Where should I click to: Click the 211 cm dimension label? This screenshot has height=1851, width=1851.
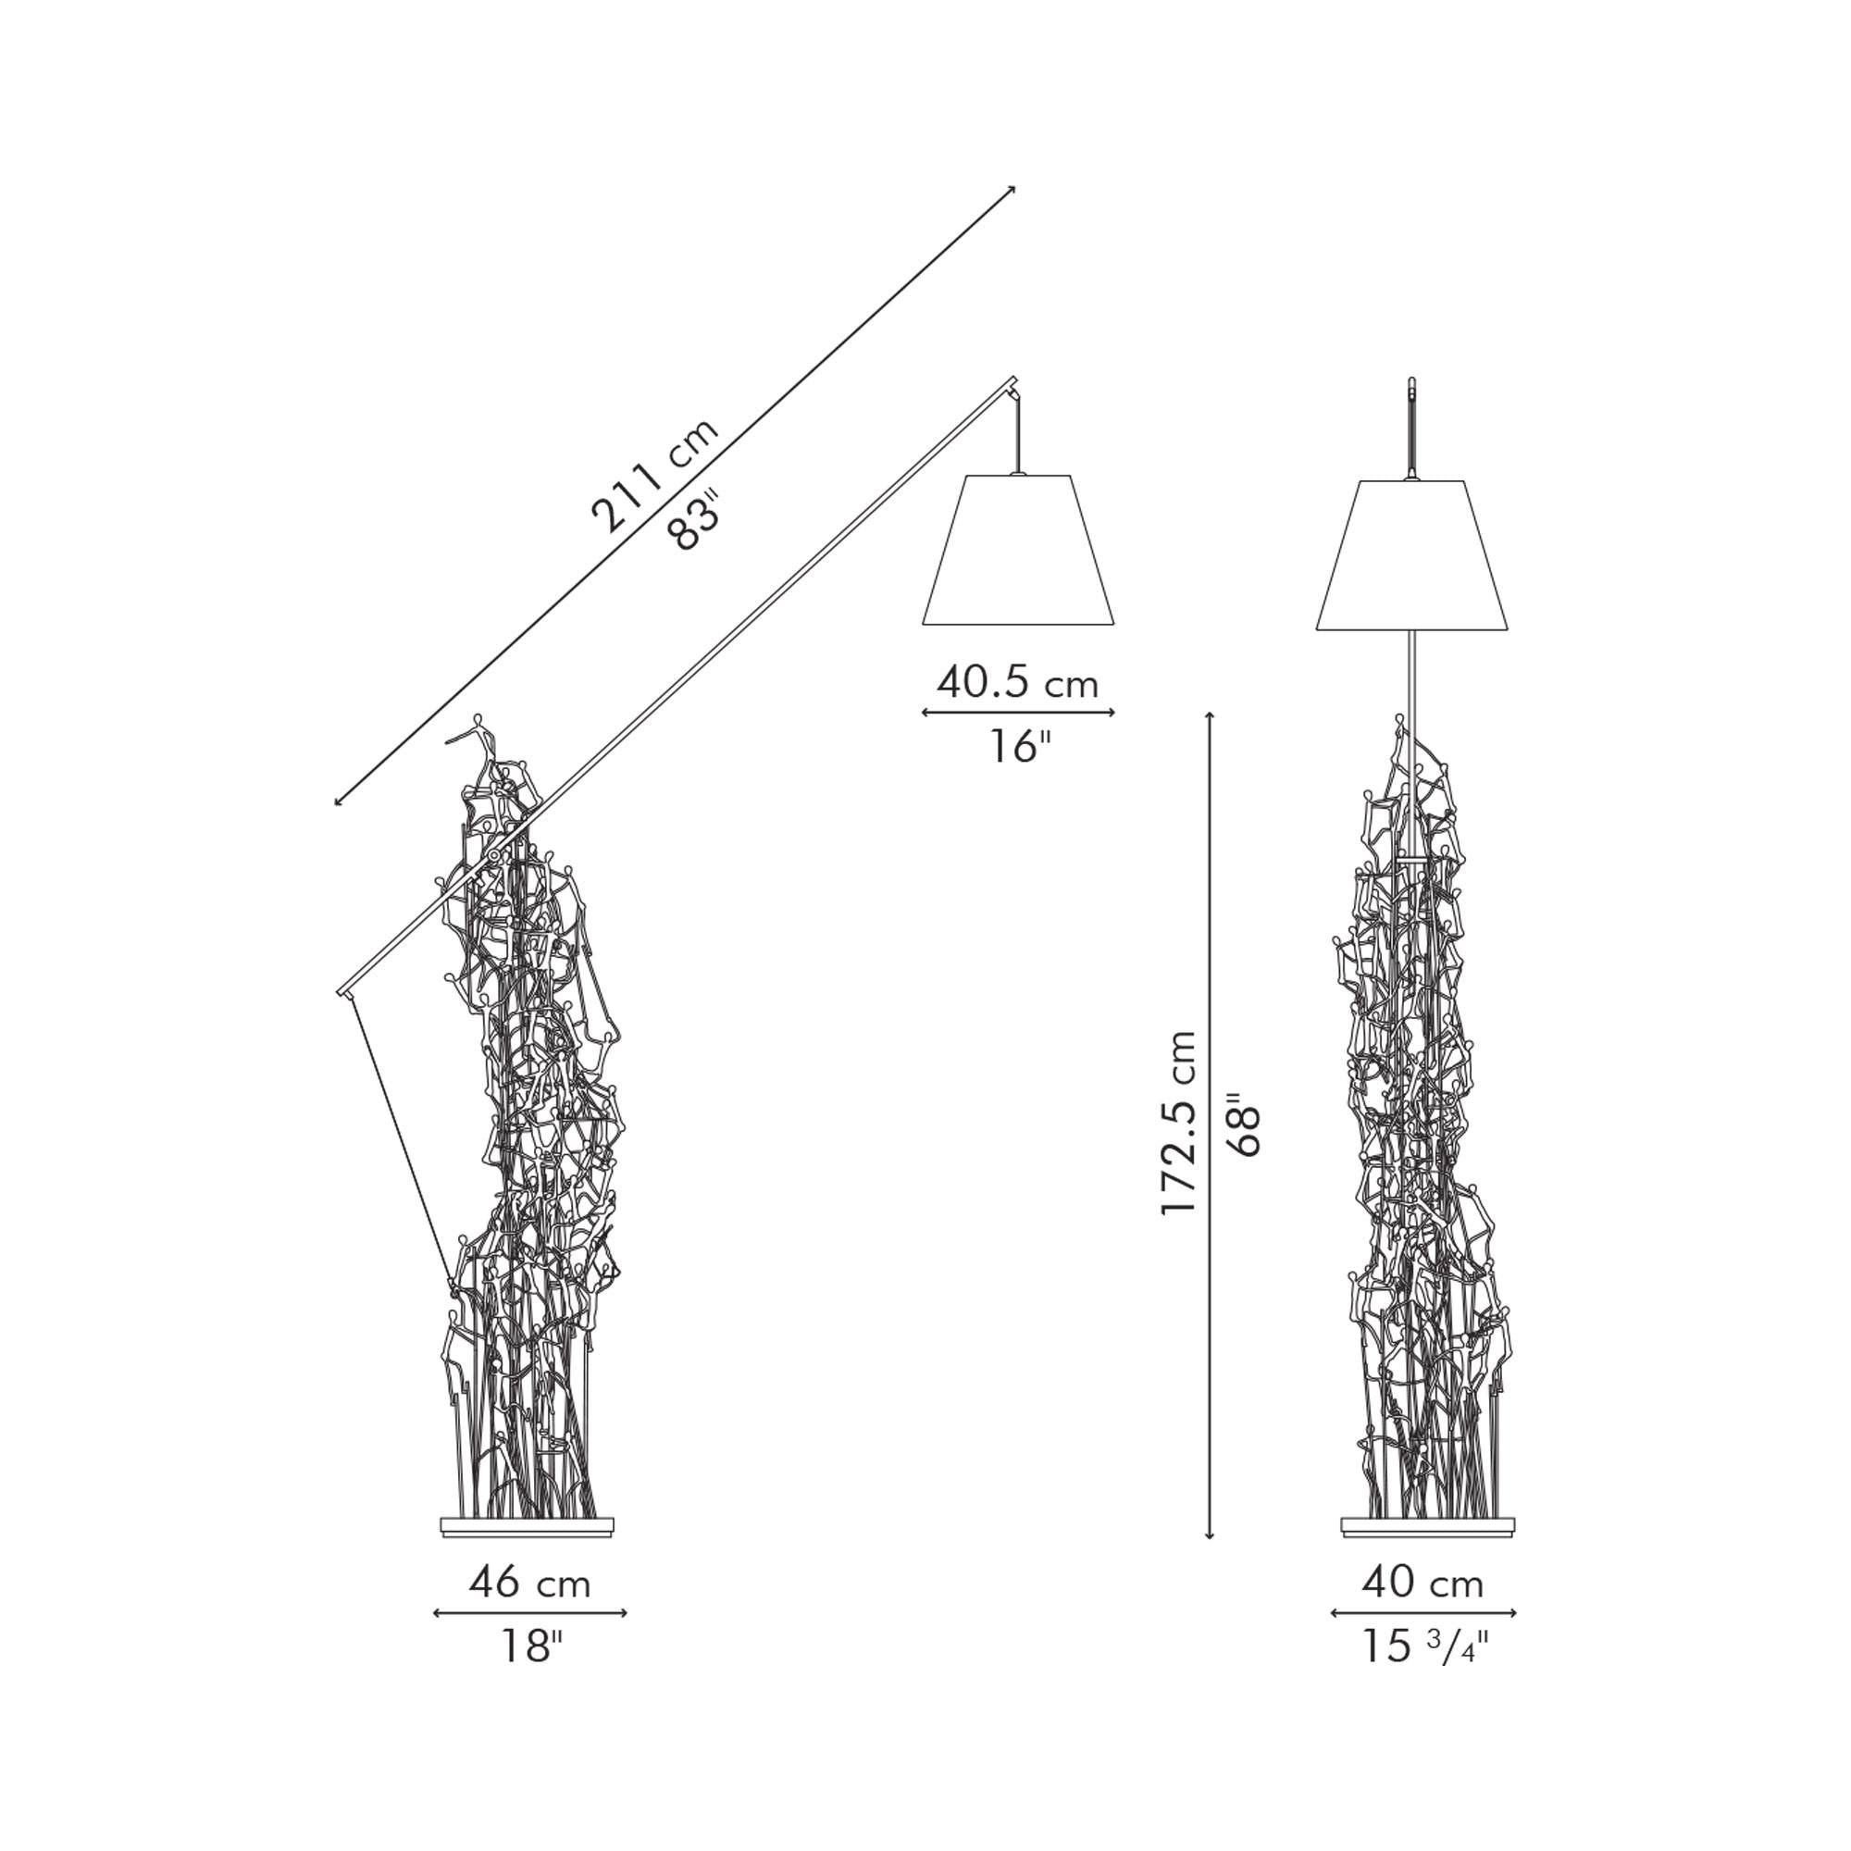(654, 475)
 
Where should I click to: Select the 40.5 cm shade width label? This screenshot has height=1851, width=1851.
(1017, 683)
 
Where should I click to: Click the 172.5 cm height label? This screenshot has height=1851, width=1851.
(1177, 1124)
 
